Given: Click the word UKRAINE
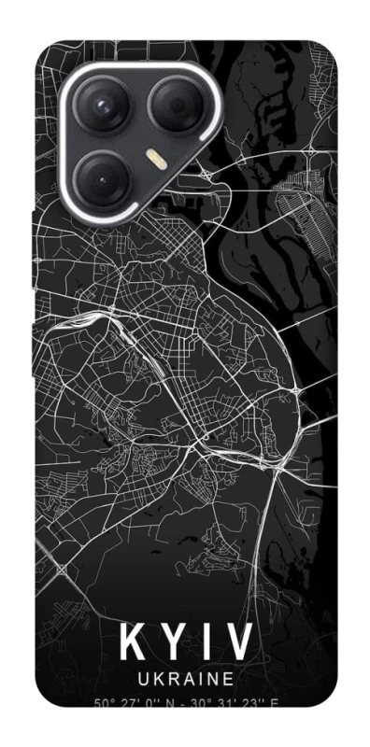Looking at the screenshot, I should point(185,680).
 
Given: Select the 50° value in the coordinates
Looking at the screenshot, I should point(103,702).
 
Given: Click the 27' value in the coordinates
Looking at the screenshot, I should point(129,702).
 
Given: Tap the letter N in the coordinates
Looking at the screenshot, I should point(172,702).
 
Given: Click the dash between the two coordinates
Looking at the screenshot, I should point(185,703).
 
